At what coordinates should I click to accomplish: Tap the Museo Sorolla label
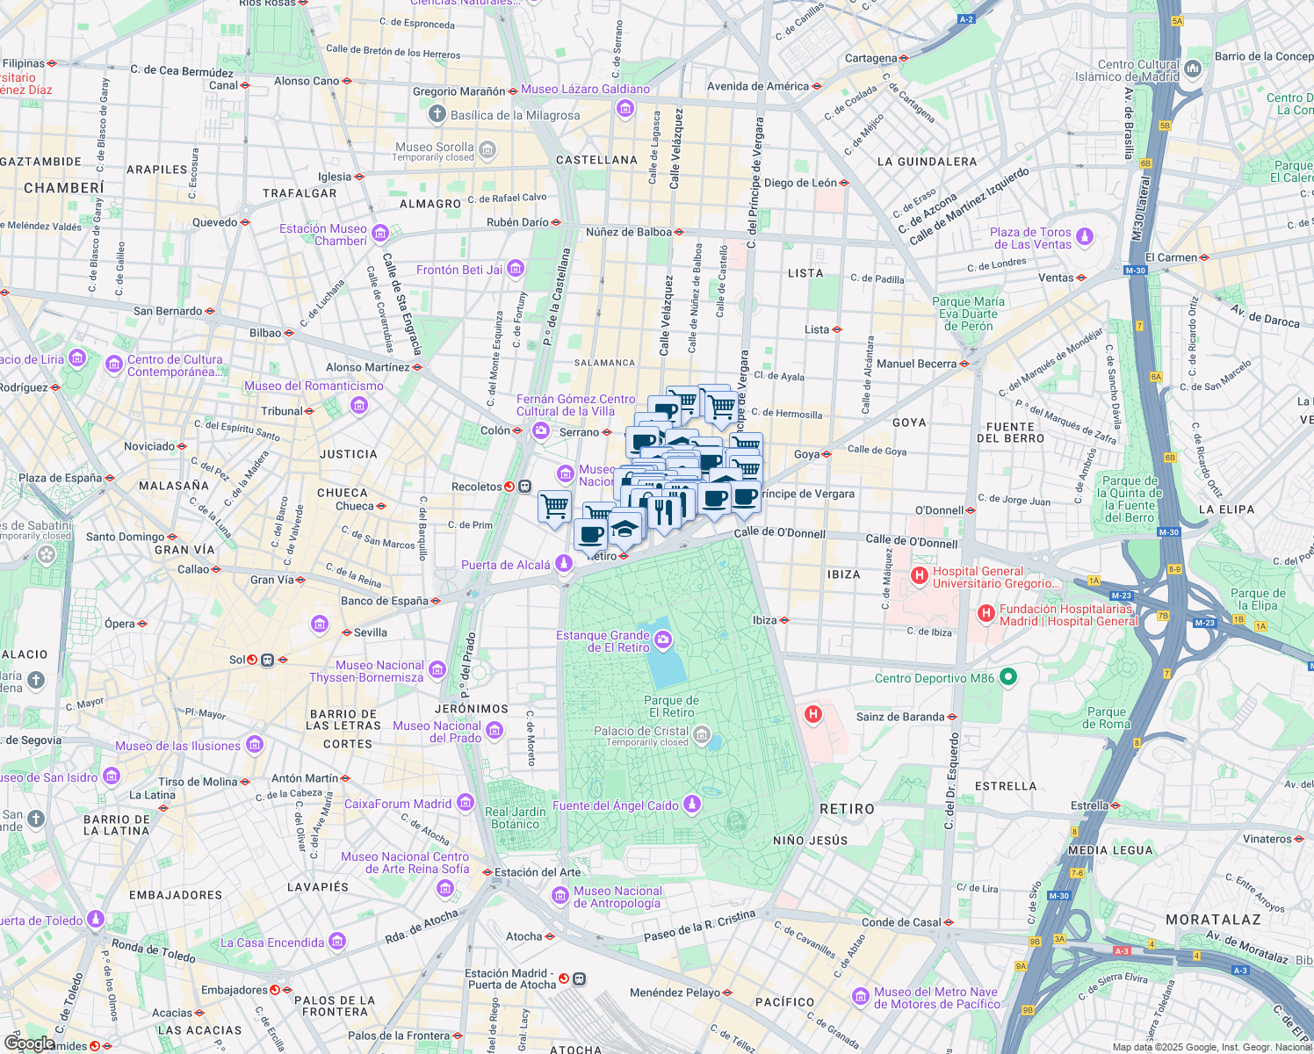[434, 148]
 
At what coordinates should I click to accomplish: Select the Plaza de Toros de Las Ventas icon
[1085, 237]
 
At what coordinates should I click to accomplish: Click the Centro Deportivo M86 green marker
[1008, 676]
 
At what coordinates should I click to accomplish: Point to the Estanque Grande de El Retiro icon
[663, 641]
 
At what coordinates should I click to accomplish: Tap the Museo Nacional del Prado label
[437, 732]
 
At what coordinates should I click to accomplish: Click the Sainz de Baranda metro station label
[900, 717]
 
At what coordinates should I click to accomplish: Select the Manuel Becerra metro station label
[916, 364]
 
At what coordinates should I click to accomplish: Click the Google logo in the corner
[30, 1043]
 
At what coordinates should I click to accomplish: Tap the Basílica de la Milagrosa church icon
[437, 114]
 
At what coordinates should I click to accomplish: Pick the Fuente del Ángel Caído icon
[692, 805]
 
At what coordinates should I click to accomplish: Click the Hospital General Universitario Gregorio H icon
[919, 576]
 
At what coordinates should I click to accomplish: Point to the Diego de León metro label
[800, 183]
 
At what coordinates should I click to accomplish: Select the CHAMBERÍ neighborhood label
[64, 188]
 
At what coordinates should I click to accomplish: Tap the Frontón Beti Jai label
[458, 270]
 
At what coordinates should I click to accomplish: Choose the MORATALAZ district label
[1213, 920]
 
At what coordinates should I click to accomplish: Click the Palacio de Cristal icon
[702, 736]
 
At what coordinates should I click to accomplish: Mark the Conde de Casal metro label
[901, 922]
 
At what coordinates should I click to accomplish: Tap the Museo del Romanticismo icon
[358, 405]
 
